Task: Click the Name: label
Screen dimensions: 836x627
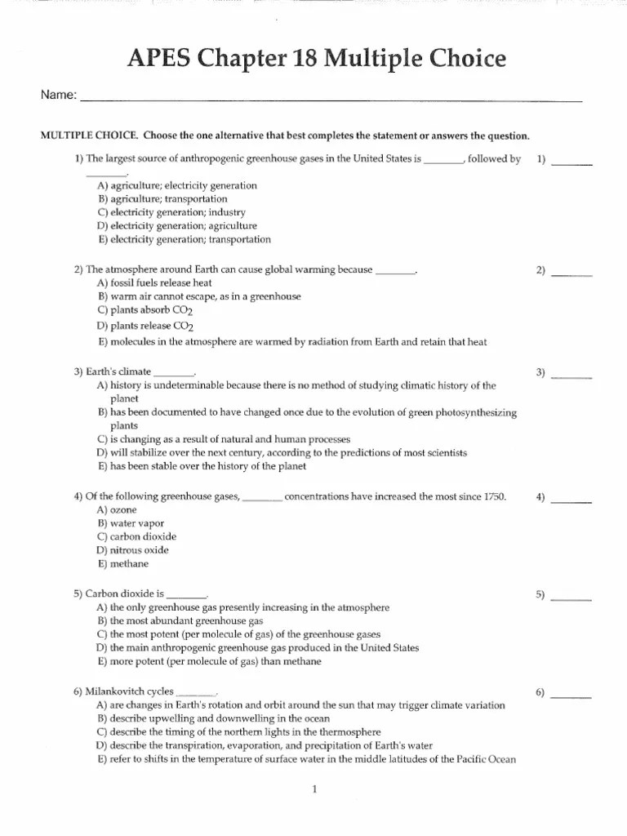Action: click(x=59, y=96)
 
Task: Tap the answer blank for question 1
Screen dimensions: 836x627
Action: click(x=571, y=160)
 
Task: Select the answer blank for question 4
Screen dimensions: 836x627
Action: click(x=571, y=498)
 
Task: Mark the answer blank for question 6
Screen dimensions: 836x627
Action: click(x=571, y=693)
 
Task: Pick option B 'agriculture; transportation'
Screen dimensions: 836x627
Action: click(x=162, y=199)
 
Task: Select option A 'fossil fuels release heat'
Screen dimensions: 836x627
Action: click(x=155, y=282)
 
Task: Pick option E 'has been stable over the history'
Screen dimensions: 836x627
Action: click(x=202, y=467)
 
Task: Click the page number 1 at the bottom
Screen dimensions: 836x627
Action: click(x=313, y=789)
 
